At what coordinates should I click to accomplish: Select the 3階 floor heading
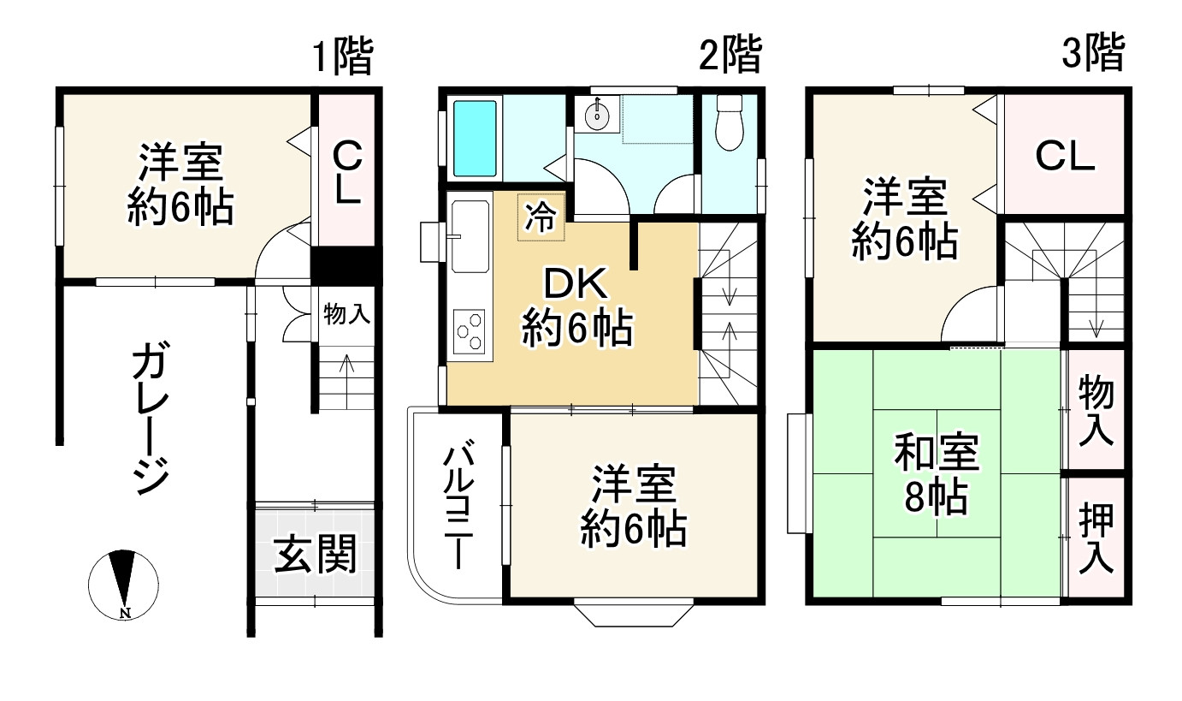click(x=1091, y=55)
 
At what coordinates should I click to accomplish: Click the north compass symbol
click(x=123, y=582)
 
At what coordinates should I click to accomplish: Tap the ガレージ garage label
click(x=151, y=419)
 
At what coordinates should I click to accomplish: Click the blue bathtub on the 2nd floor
click(x=474, y=138)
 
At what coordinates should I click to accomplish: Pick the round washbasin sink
click(x=596, y=115)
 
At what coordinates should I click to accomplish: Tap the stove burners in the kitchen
click(x=469, y=332)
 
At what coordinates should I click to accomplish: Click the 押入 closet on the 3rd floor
click(x=1095, y=538)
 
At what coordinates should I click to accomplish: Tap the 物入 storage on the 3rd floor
click(x=1095, y=410)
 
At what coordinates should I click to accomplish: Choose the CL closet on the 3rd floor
click(x=1064, y=156)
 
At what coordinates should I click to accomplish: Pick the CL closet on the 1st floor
click(x=346, y=175)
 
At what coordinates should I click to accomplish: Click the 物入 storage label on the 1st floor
click(x=346, y=314)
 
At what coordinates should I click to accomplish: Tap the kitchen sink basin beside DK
click(x=467, y=236)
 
